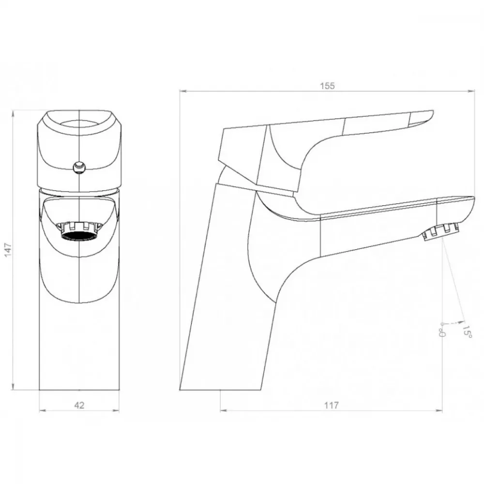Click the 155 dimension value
tap(327, 86)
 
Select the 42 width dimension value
tap(79, 405)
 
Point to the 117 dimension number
tap(332, 405)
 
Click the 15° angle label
tap(467, 331)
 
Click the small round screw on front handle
tap(79, 167)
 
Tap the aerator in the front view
tap(79, 231)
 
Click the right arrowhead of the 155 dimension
tap(471, 91)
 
